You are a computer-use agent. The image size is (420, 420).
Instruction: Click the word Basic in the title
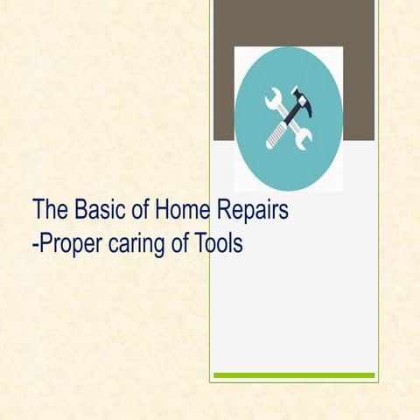pos(99,211)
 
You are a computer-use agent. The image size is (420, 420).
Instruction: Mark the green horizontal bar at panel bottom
pos(294,375)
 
